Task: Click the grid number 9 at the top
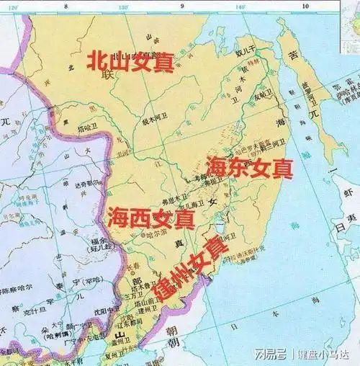coord(182,6)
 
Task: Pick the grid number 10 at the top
coord(305,6)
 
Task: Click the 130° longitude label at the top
coord(123,6)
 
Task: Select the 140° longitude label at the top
coord(240,6)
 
